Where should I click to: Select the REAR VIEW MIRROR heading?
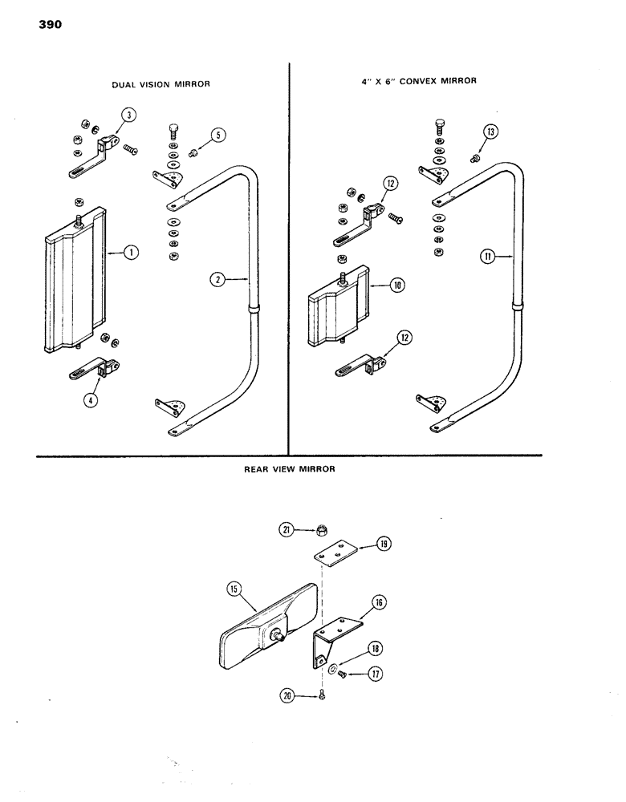288,471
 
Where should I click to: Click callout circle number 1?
132,253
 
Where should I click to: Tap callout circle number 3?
127,115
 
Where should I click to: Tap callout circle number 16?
376,601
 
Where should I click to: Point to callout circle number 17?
375,675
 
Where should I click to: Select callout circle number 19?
384,545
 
